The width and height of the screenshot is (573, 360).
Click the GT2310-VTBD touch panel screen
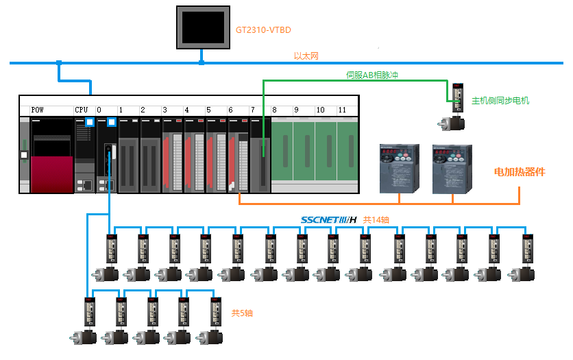point(201,27)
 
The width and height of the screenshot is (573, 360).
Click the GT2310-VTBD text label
point(264,30)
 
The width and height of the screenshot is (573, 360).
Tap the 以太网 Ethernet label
point(306,56)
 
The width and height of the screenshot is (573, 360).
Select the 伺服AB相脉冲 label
point(371,75)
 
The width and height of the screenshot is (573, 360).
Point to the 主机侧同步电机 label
point(500,101)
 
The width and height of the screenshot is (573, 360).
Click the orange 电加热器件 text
point(520,172)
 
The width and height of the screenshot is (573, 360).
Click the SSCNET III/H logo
point(329,220)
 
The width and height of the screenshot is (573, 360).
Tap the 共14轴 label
point(376,220)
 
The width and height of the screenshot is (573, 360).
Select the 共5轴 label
point(242,313)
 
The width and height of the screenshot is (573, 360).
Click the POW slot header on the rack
point(38,110)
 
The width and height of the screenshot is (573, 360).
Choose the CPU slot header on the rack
point(82,110)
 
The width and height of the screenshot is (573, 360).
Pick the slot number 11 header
point(342,110)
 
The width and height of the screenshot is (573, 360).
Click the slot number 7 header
point(253,110)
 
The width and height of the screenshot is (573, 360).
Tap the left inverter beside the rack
point(398,168)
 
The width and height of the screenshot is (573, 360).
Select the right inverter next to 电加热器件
point(451,168)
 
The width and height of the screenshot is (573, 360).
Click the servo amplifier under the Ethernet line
point(457,97)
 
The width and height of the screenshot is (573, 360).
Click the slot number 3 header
point(164,110)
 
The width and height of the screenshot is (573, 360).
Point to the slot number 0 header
point(99,110)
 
